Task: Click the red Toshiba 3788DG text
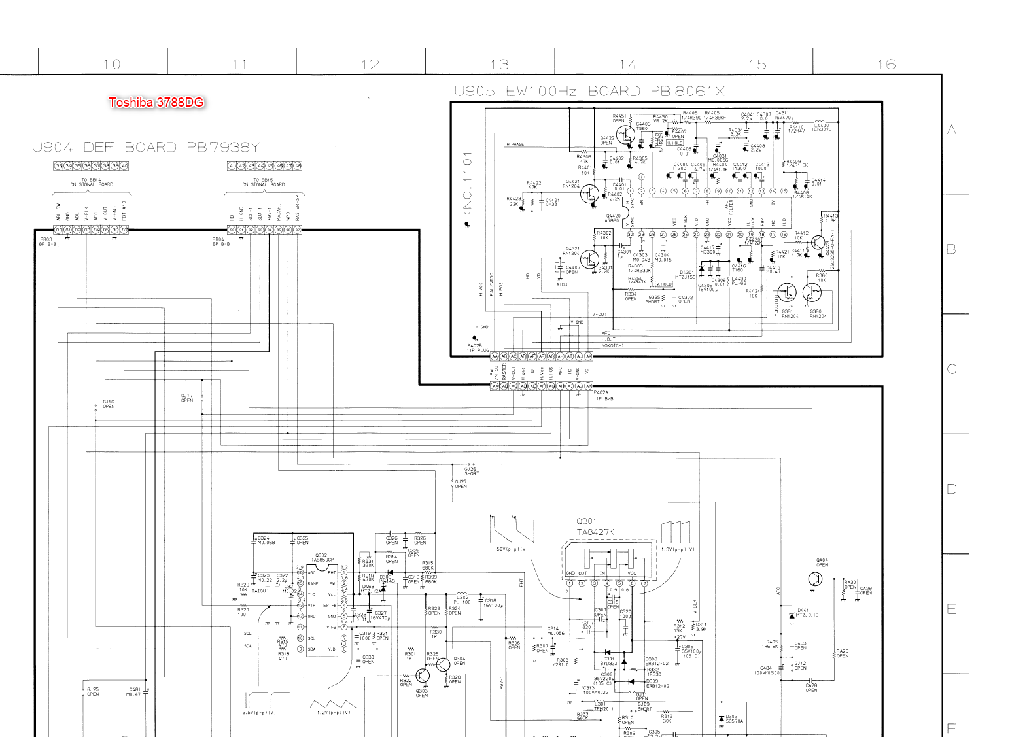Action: (156, 102)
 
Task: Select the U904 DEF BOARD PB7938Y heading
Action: (146, 147)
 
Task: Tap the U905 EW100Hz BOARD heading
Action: (589, 91)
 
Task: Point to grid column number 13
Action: (500, 64)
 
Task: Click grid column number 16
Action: (886, 64)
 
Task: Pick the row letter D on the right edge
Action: (952, 489)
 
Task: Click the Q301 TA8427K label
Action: (595, 527)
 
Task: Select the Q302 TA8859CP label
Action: (322, 558)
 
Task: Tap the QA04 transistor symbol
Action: (815, 579)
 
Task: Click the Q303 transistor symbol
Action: (423, 676)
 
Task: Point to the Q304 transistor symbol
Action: (444, 664)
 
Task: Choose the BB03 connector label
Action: (46, 242)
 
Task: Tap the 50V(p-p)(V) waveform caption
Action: (512, 549)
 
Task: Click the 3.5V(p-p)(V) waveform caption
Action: (259, 712)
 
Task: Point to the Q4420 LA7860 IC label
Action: (614, 218)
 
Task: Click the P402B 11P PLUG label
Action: (478, 348)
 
